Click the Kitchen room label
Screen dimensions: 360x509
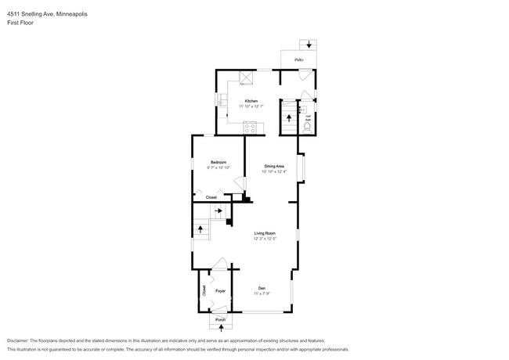[251, 101]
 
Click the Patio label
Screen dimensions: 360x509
[298, 59]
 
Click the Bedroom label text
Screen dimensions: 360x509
[218, 162]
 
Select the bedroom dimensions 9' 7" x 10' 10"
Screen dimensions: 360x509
[218, 167]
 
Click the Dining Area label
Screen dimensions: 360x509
[274, 166]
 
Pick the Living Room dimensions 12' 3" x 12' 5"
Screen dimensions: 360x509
[265, 239]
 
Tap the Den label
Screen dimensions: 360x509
[262, 288]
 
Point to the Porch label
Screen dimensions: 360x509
[220, 320]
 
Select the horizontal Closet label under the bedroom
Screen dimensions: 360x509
[211, 197]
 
